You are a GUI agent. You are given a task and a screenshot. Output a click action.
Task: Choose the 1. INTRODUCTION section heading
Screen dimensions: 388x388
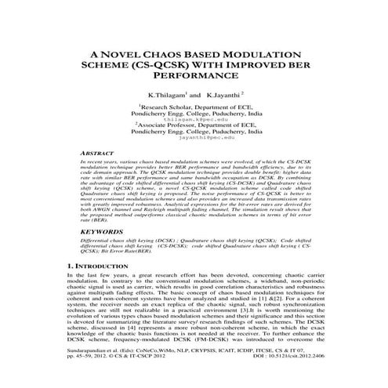pos(108,267)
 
